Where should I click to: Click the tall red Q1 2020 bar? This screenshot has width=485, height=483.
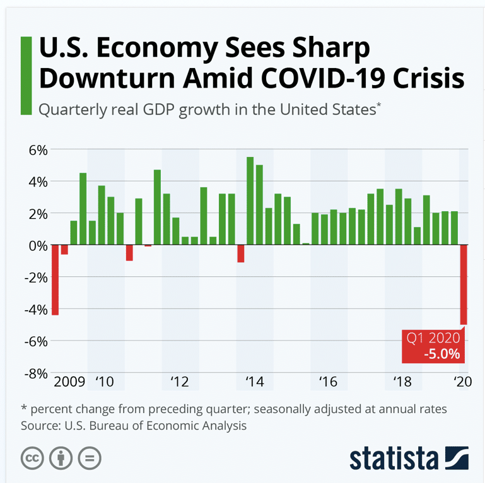coord(464,284)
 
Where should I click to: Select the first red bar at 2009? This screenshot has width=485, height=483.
coord(55,279)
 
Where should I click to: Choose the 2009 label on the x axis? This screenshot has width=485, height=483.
coord(69,381)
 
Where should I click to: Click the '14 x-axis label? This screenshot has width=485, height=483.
coord(254,381)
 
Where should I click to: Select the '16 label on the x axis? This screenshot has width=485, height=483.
coord(328,381)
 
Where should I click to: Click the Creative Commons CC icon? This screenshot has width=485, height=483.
coord(32,458)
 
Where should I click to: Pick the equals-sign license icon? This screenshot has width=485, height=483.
coord(91,458)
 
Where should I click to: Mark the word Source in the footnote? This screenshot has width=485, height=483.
coord(41,426)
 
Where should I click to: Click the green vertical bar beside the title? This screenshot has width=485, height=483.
coord(26,76)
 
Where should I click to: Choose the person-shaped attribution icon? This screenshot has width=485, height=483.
coord(61,458)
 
